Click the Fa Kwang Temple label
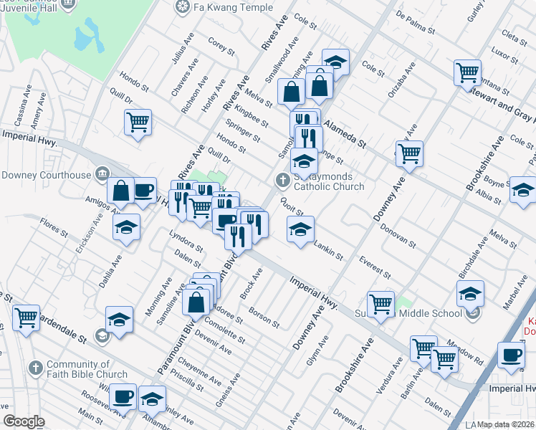click(221, 7)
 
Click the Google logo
click(24, 422)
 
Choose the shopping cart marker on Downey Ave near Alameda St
click(408, 152)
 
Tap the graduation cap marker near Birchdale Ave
click(470, 293)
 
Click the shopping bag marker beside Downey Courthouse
click(121, 190)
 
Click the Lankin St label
click(329, 250)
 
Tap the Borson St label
click(264, 317)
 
